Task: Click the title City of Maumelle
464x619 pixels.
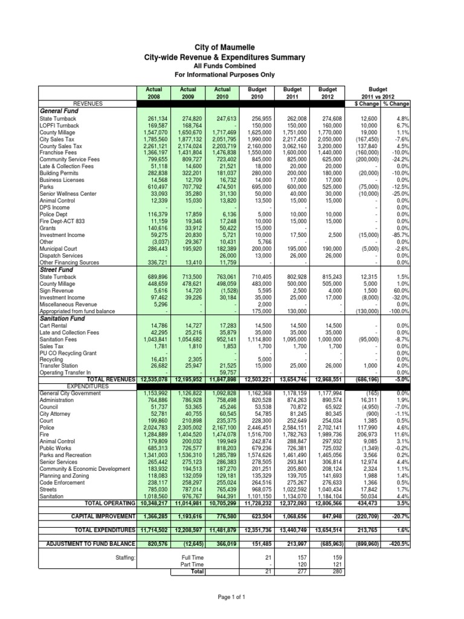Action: click(232, 47)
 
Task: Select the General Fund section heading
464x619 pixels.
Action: click(60, 111)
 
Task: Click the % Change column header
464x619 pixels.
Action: click(396, 104)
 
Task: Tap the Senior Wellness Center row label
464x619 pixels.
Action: click(68, 194)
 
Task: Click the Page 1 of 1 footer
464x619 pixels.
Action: click(232, 597)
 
